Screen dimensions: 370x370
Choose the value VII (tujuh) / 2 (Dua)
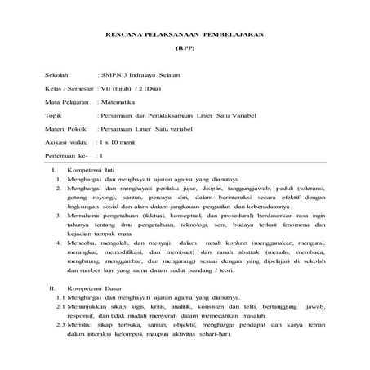pos(132,88)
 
